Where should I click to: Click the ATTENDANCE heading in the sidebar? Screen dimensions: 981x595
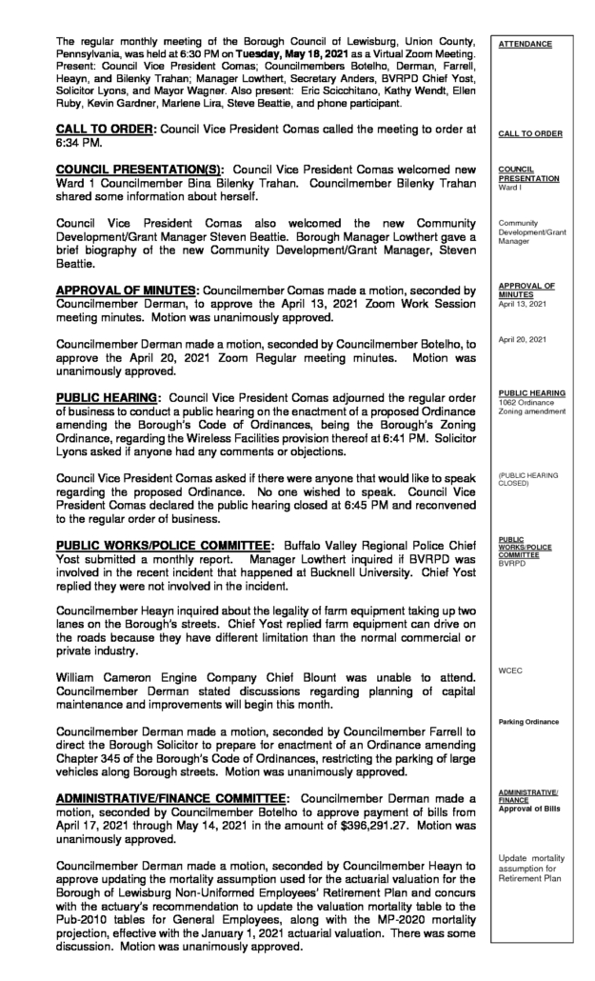click(521, 44)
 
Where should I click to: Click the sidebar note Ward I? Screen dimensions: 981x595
click(510, 187)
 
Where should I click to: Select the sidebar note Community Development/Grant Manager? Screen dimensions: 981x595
click(531, 230)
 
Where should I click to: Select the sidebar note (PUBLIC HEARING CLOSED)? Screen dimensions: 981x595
click(532, 478)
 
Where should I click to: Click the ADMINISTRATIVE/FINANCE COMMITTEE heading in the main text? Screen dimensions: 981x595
click(162, 793)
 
